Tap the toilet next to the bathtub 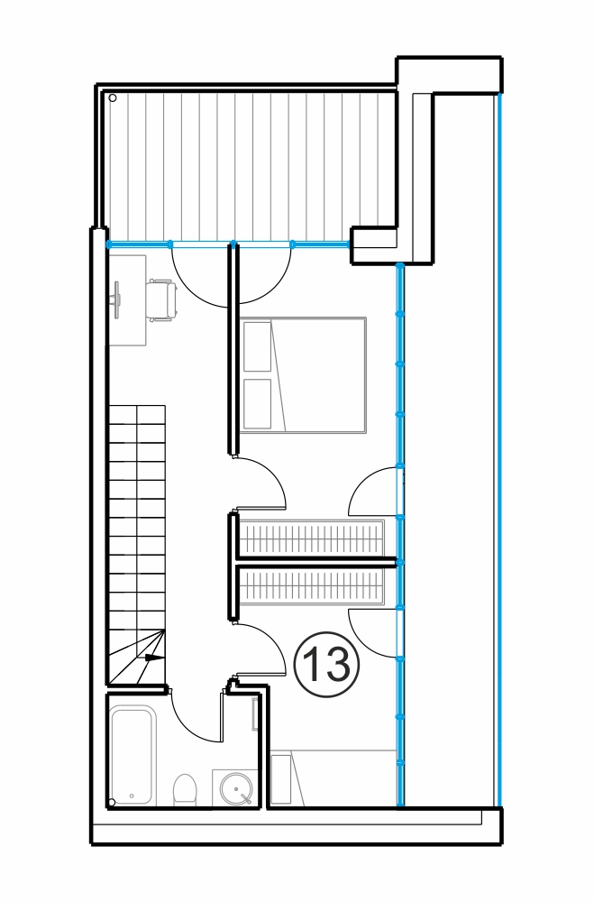(x=185, y=790)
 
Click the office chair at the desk (x=161, y=299)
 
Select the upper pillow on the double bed (x=257, y=346)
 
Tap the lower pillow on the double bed (x=257, y=403)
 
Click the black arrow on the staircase (x=153, y=657)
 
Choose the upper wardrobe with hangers (x=311, y=538)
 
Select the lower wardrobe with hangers (x=311, y=586)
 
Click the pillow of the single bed (x=281, y=780)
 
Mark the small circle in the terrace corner (x=113, y=97)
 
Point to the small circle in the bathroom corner (x=112, y=802)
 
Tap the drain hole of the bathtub (x=133, y=796)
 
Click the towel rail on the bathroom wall (x=255, y=713)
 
